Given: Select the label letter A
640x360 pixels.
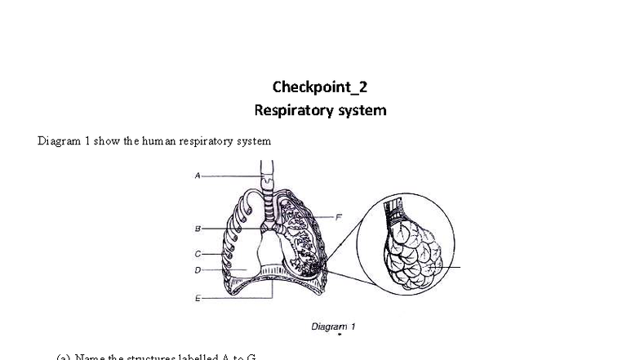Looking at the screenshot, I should tap(198, 176).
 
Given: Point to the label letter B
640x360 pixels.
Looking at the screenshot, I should tap(198, 229).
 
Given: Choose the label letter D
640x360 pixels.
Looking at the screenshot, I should tap(198, 269).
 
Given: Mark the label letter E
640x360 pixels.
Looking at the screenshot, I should tap(198, 298).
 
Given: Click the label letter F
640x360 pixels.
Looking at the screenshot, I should tap(338, 216).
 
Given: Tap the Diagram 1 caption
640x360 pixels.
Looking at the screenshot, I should tap(333, 327).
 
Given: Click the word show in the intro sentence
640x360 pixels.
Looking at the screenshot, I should tap(106, 141).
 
